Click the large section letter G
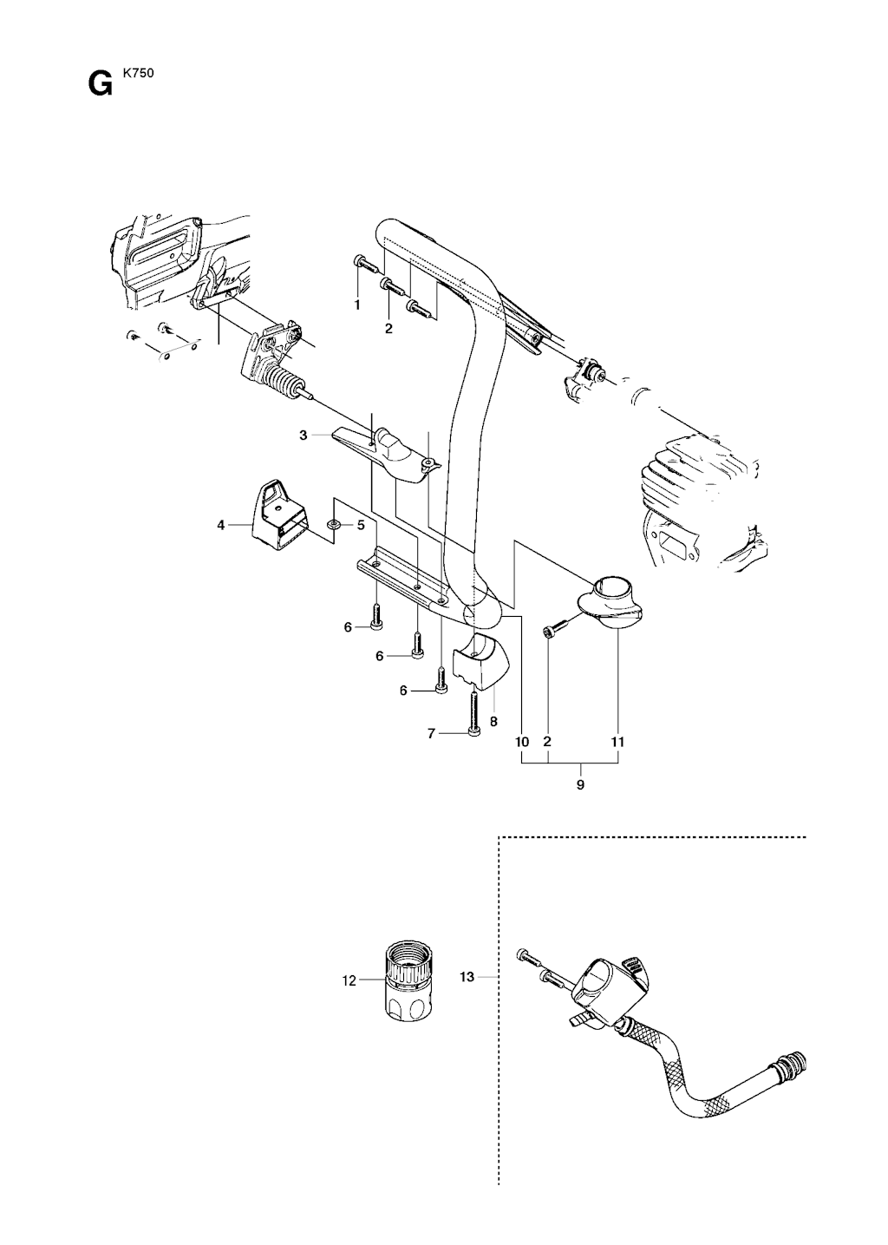[100, 84]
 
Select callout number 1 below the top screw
[357, 305]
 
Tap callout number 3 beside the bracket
[303, 436]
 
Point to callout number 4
[221, 525]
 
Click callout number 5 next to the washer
[361, 524]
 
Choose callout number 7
[431, 734]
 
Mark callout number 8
[493, 722]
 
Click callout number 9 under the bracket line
[581, 786]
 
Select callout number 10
[522, 742]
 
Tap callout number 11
[618, 742]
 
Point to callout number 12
[349, 981]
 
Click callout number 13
[467, 977]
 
